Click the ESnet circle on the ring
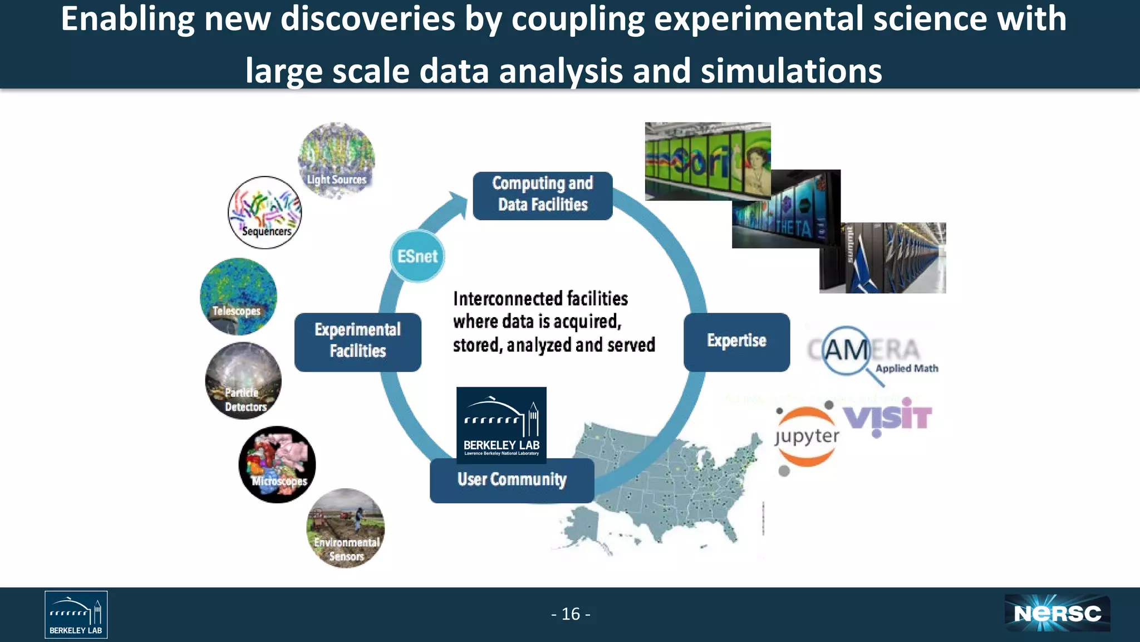tap(417, 256)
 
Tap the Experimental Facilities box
tap(358, 342)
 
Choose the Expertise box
tap(736, 342)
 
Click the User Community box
tap(512, 480)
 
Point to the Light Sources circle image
tap(336, 160)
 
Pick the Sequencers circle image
tap(265, 212)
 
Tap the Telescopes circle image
tap(238, 296)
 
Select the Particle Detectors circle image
tap(243, 381)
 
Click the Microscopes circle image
tap(277, 464)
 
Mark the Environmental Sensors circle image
tap(346, 528)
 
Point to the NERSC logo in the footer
tap(1057, 614)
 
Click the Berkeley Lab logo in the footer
tap(76, 614)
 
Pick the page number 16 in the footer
tap(571, 614)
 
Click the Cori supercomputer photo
tap(707, 161)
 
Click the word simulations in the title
tap(791, 71)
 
